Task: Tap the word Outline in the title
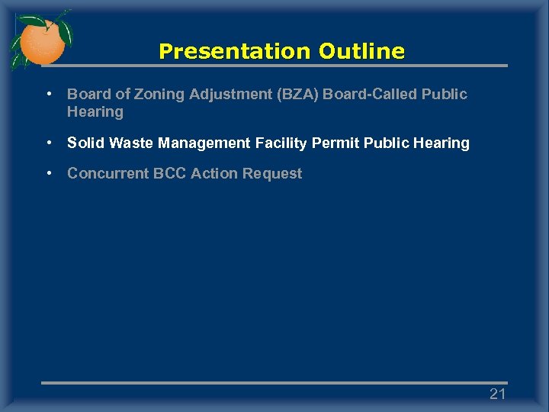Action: coord(361,52)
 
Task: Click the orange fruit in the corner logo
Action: coord(42,43)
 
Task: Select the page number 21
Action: coord(497,394)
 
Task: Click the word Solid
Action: coord(86,143)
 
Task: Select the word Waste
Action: coord(131,143)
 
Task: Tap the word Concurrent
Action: coord(108,173)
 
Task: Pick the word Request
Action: coord(272,173)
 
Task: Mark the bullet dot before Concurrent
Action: coord(48,173)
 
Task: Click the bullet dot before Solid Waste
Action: coord(48,143)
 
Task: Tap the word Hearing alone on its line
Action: coord(95,112)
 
